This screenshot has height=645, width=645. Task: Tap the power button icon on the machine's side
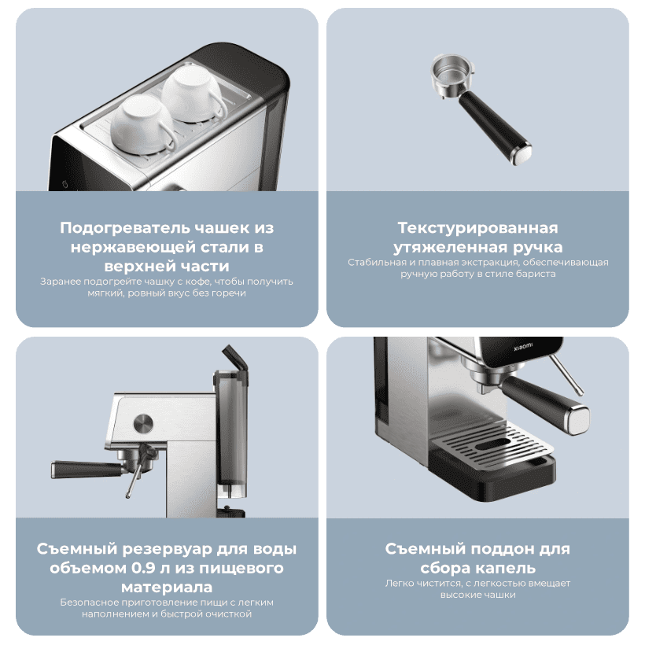point(64,182)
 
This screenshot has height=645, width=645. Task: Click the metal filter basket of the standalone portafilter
point(449,76)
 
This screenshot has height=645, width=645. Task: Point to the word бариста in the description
point(536,274)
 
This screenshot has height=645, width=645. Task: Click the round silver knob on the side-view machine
point(144,423)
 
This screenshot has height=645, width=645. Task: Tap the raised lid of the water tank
point(234,360)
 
